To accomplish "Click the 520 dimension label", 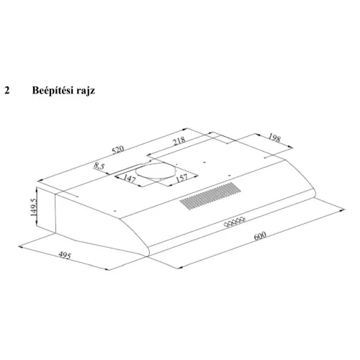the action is [x=118, y=149].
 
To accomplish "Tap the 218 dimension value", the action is [x=179, y=141].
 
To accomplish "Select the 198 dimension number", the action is [x=274, y=138].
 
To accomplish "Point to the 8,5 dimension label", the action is [x=99, y=166].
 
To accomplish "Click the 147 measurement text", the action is [x=130, y=178].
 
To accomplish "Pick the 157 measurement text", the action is [x=181, y=178].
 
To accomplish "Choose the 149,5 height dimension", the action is [x=34, y=207].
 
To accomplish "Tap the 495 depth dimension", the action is [x=65, y=256].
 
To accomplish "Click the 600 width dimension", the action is [x=260, y=235].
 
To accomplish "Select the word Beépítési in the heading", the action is [x=52, y=91].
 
